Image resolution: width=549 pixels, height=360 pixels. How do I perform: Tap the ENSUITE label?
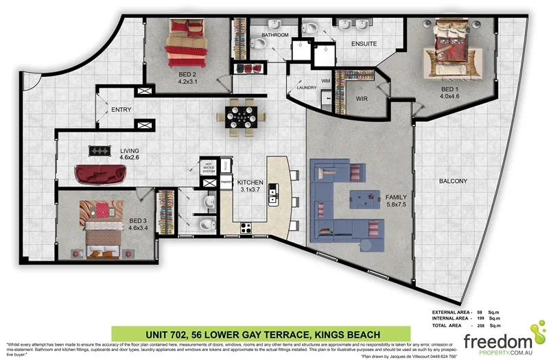click(x=364, y=44)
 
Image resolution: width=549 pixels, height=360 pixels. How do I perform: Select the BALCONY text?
click(x=453, y=181)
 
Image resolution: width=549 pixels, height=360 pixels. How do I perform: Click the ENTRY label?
click(x=121, y=110)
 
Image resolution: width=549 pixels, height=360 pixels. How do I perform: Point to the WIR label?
click(x=362, y=99)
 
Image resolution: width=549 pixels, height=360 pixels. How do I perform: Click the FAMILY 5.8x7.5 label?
click(x=397, y=200)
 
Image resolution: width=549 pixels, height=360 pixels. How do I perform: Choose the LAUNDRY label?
click(x=306, y=88)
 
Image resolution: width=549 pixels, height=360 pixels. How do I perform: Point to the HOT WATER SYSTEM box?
click(x=209, y=167)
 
